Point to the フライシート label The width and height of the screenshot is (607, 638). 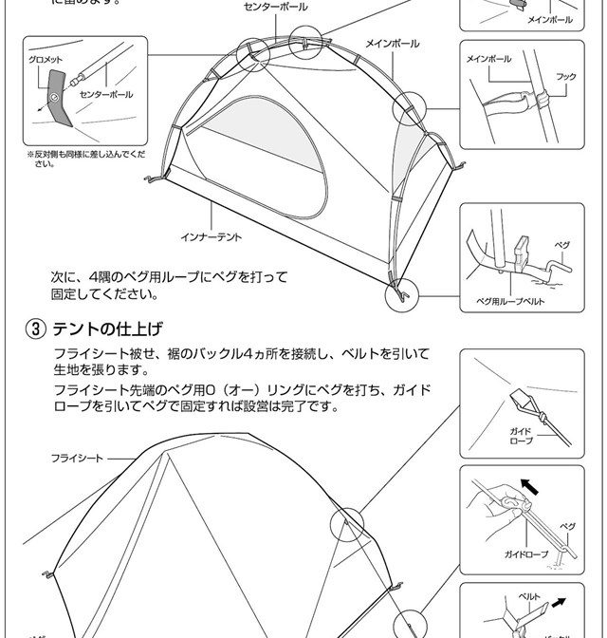(77, 458)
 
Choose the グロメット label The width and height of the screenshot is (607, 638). (46, 60)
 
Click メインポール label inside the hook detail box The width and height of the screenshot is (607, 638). (488, 60)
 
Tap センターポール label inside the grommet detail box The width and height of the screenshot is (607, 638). (105, 94)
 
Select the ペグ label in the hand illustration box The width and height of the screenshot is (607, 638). (567, 525)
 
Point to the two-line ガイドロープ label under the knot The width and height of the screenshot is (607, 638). (521, 436)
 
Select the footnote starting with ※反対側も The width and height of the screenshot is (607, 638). (86, 158)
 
